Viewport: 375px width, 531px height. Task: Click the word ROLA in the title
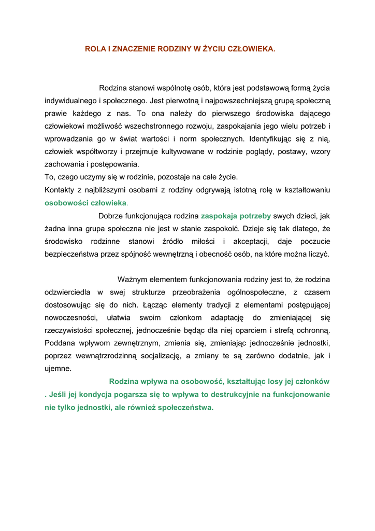(94, 49)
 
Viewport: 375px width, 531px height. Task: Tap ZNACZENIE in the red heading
(130, 49)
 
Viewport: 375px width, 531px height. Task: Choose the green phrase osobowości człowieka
(85, 203)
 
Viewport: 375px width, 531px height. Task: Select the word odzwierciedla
(67, 292)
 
